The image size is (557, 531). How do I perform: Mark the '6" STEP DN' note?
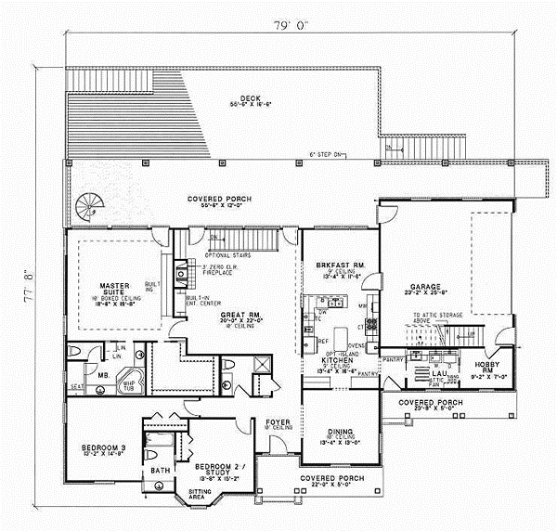(327, 154)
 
